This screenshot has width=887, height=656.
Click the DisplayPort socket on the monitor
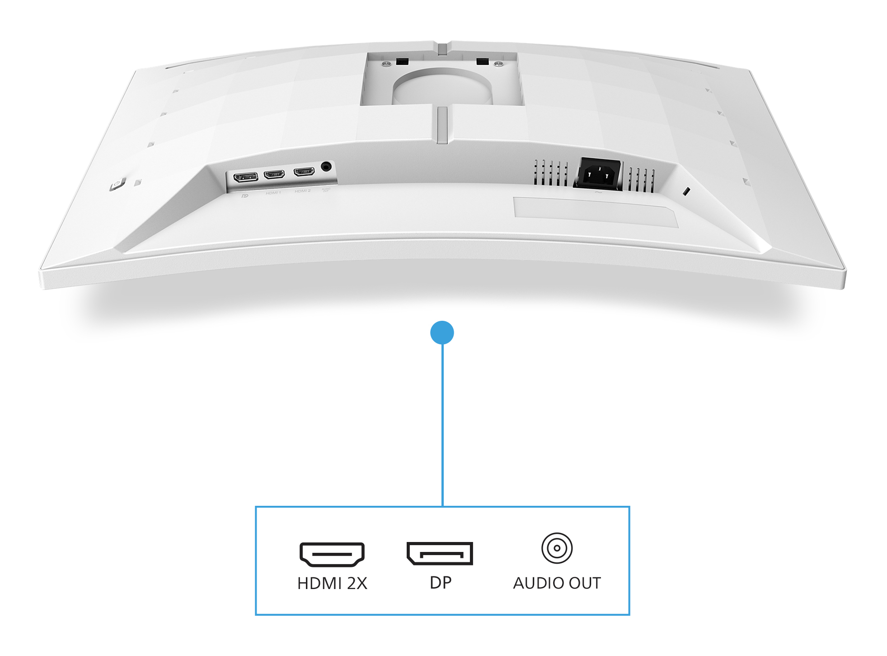point(245,176)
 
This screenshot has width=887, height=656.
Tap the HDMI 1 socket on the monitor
point(274,174)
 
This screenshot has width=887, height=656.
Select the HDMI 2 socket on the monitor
point(304,172)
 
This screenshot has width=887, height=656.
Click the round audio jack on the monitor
point(326,167)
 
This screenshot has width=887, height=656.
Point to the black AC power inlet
point(598,173)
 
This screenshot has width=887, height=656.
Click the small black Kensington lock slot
point(686,191)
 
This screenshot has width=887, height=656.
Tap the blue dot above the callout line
point(442,333)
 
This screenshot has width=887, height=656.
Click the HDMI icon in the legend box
point(332,554)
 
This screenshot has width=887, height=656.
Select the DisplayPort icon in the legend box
point(440,553)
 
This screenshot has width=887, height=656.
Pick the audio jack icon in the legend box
point(557,548)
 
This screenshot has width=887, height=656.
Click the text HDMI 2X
point(332,584)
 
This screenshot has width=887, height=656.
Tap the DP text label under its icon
point(440,583)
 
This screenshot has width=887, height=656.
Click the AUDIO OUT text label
point(557,583)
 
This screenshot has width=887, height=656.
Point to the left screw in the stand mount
point(386,64)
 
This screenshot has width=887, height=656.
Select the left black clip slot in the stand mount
point(402,61)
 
